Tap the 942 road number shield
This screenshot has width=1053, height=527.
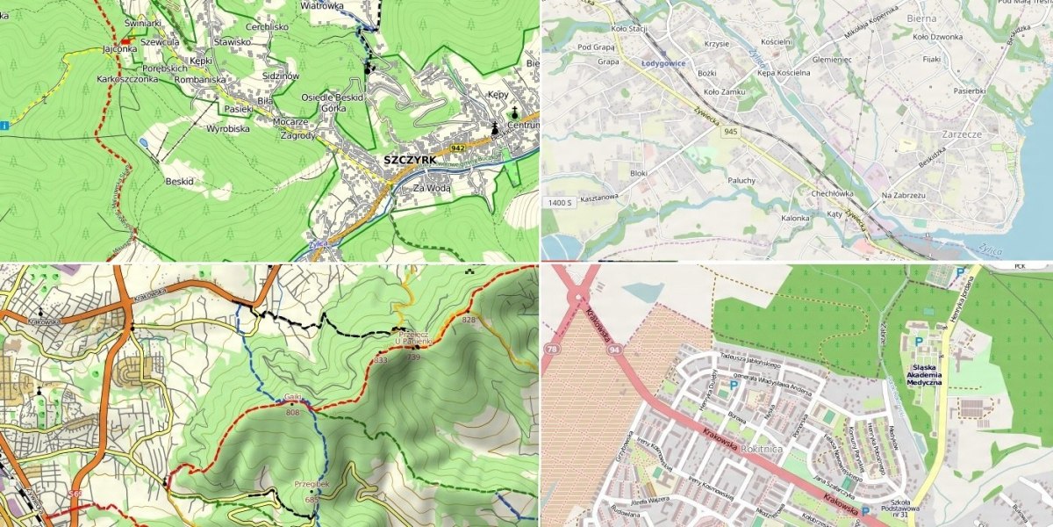coord(457,148)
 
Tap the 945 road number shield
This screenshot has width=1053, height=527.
coord(730,132)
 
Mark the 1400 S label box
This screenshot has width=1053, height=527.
coord(559,203)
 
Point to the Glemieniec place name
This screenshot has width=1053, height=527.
coord(832,59)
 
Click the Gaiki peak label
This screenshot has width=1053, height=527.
coord(293,397)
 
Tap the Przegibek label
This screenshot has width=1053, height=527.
coord(312,483)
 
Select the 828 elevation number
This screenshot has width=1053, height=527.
coord(468,321)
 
